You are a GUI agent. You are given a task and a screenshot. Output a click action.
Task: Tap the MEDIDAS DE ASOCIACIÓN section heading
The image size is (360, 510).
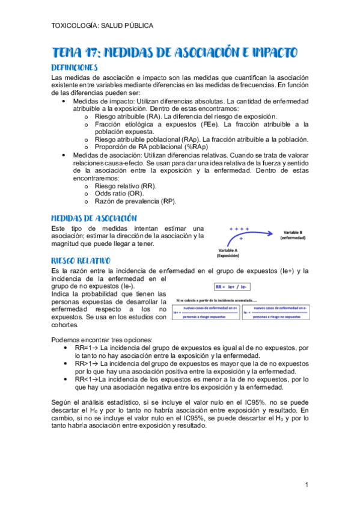tap(94, 218)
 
